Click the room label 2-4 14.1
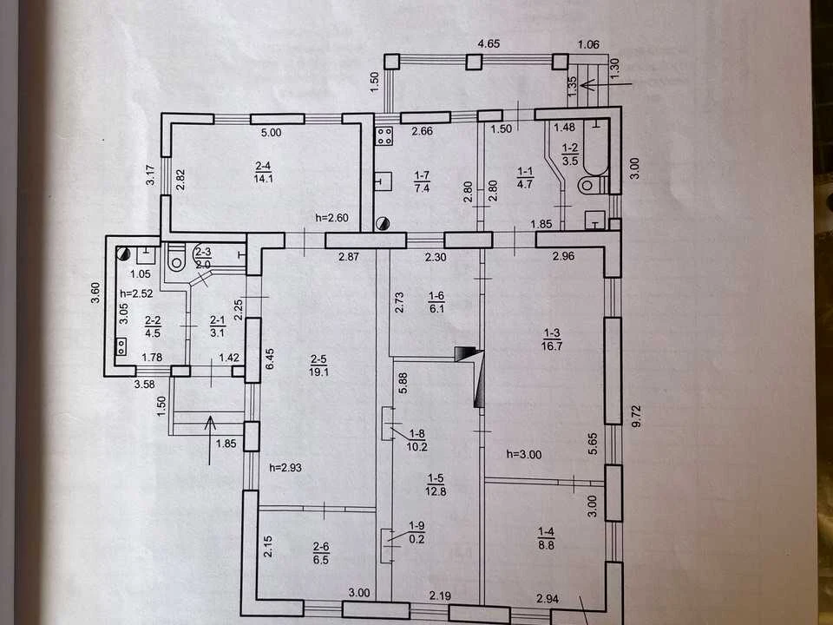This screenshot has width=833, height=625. (x=264, y=172)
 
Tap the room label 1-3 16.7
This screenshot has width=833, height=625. (x=552, y=339)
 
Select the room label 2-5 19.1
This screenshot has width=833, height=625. (x=318, y=365)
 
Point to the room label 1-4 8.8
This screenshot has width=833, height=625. (x=546, y=538)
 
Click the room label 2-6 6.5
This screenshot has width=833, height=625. (x=321, y=553)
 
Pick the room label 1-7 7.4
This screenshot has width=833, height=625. (x=422, y=181)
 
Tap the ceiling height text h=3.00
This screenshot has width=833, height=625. (x=524, y=454)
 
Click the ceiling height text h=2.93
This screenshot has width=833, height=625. (x=285, y=468)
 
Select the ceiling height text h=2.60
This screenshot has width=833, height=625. (x=332, y=217)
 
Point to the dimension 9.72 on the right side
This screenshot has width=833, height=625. (x=637, y=416)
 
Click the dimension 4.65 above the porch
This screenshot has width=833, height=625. (x=489, y=43)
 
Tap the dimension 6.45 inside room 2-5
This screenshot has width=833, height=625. (x=269, y=359)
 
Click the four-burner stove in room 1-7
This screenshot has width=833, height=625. (x=384, y=136)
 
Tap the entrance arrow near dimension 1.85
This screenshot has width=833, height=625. (x=210, y=440)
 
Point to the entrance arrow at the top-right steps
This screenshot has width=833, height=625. (x=607, y=84)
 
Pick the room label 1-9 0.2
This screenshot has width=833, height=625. (x=417, y=532)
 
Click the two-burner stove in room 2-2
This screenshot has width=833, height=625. (x=121, y=347)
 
